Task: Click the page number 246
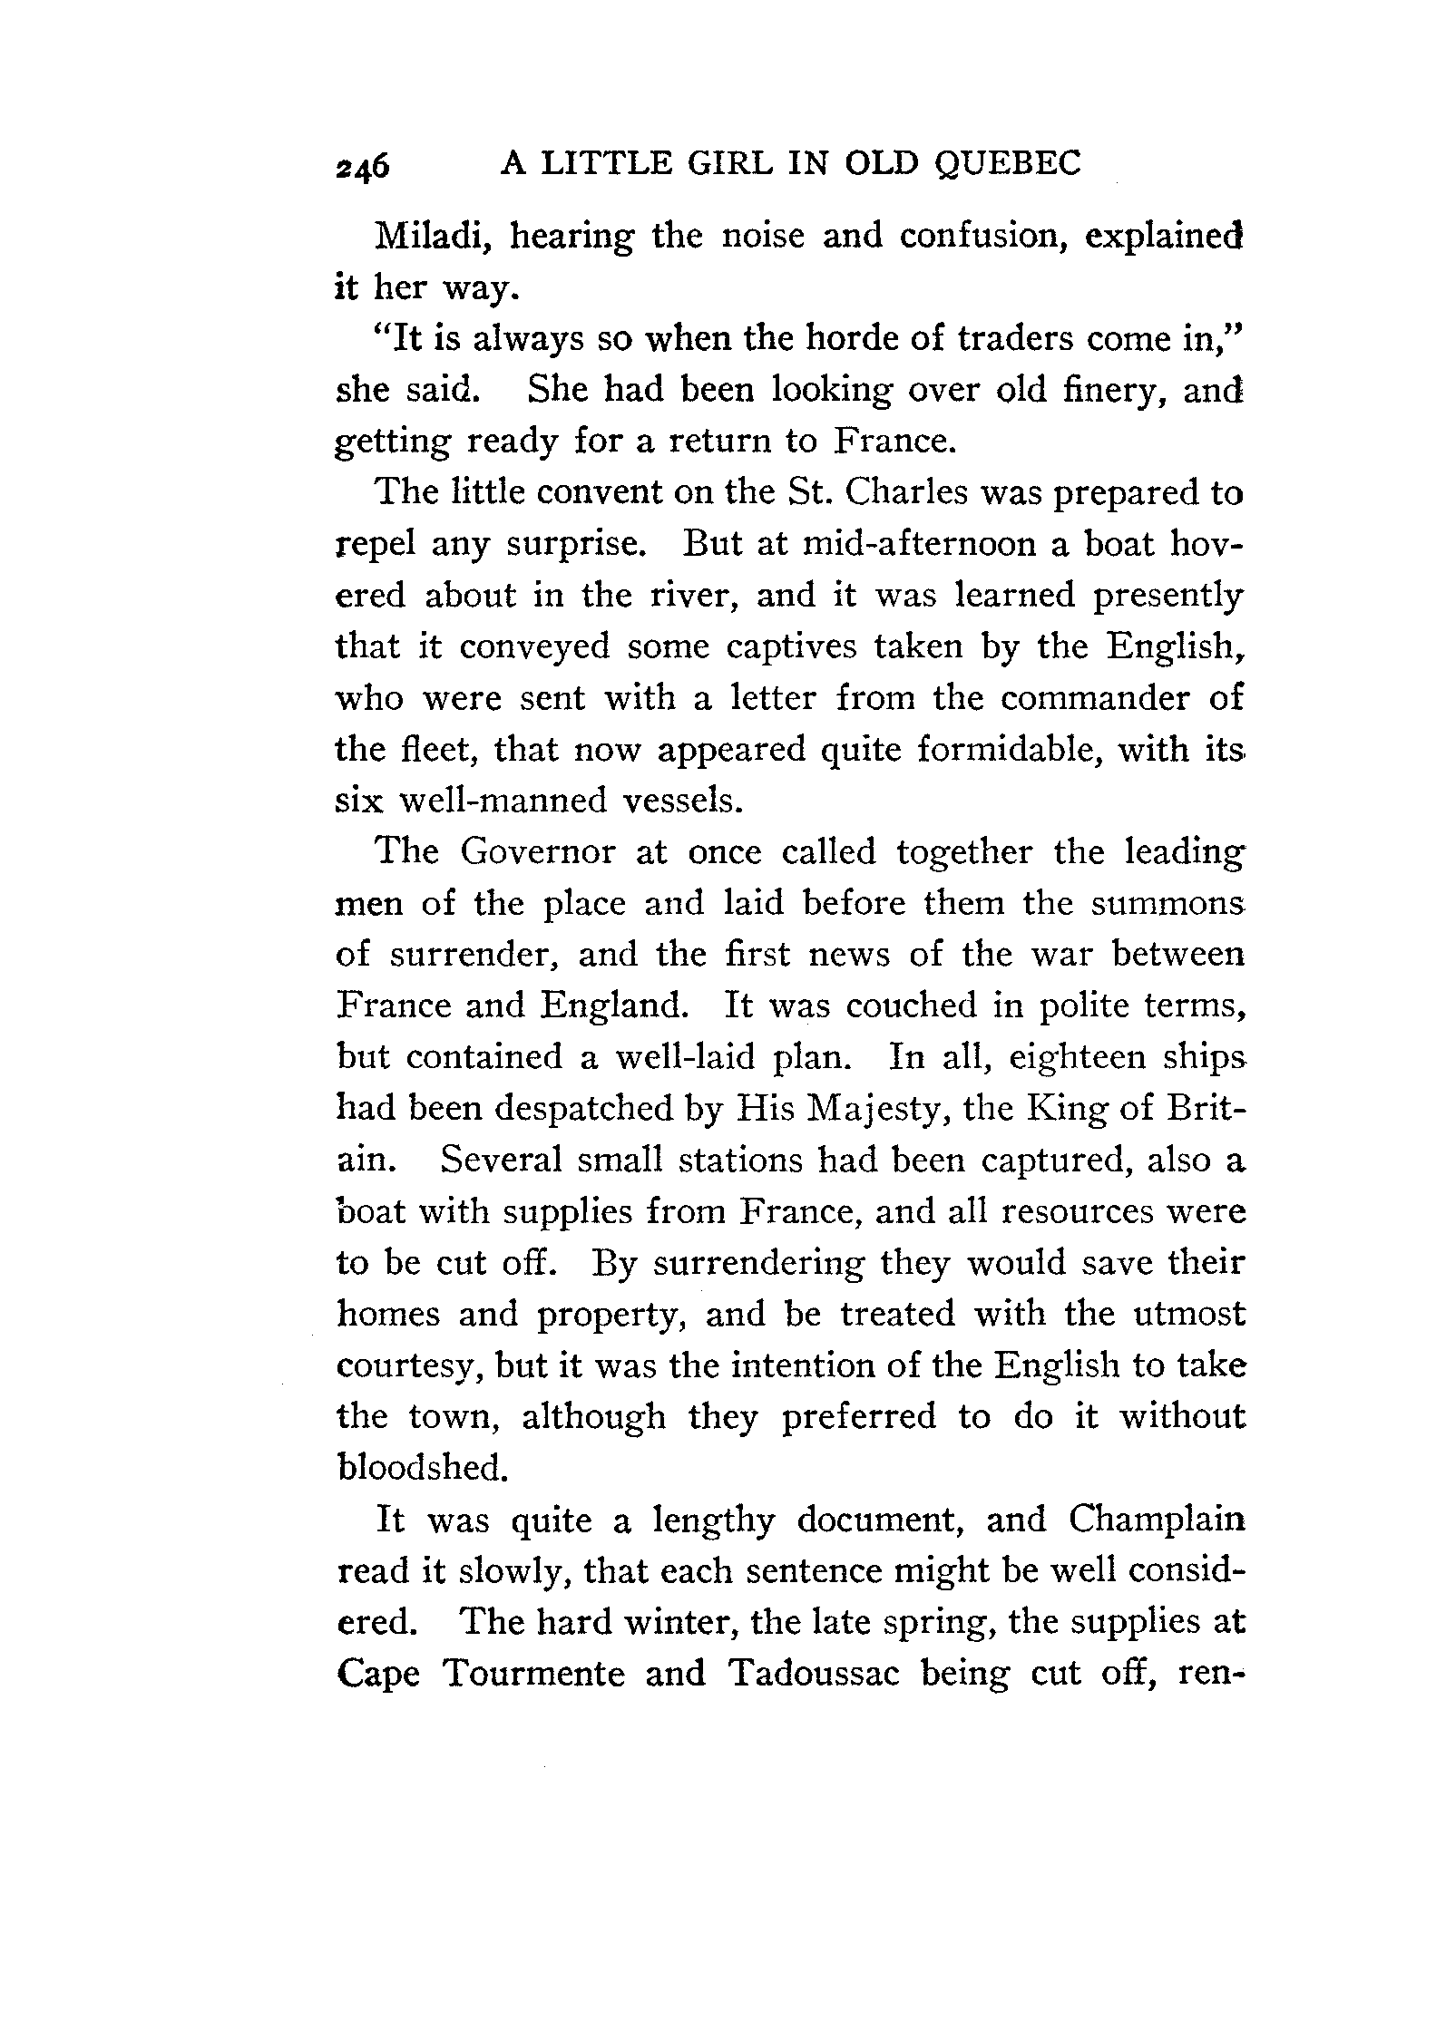point(362,166)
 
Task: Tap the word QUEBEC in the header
point(1007,162)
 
